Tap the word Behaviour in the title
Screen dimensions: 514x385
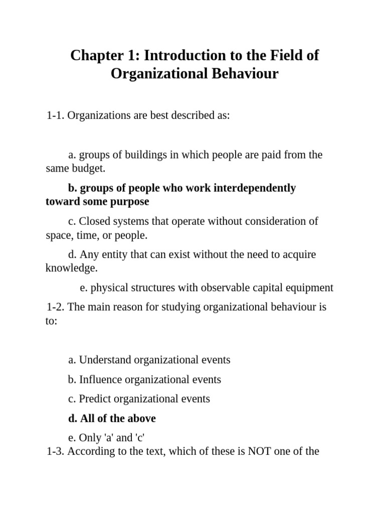246,74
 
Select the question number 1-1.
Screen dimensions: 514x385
56,115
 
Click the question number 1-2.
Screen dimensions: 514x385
56,307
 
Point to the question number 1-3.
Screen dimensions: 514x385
56,451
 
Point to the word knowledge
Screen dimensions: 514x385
71,268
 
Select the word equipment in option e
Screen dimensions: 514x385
309,288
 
